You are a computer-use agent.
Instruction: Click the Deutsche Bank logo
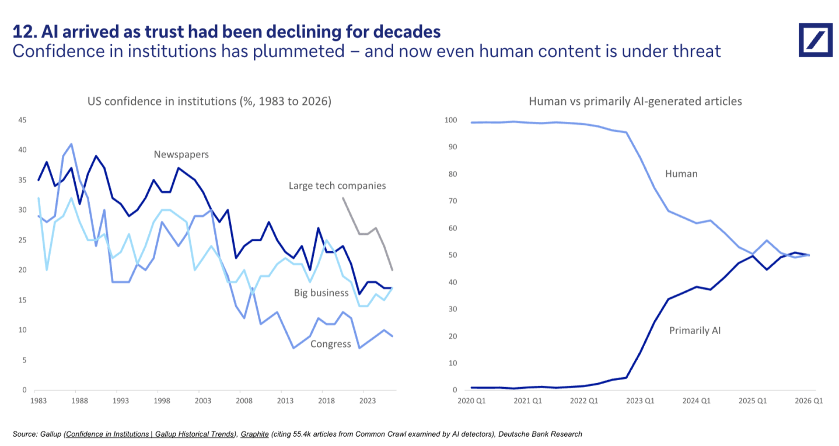[x=815, y=40]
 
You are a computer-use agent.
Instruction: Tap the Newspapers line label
[x=181, y=154]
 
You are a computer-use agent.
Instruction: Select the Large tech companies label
[x=337, y=185]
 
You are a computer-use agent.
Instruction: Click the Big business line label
[x=321, y=293]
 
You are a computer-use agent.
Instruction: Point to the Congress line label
[x=330, y=344]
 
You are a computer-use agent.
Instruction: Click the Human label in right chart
[x=681, y=174]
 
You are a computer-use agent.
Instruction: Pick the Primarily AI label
[x=695, y=331]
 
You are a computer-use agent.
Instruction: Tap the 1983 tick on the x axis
[x=38, y=401]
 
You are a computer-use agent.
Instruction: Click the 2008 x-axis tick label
[x=244, y=401]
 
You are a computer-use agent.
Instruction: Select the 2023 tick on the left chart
[x=368, y=401]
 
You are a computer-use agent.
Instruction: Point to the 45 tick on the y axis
[x=23, y=120]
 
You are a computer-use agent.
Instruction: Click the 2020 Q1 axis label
[x=471, y=401]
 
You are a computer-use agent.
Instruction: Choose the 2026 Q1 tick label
[x=809, y=401]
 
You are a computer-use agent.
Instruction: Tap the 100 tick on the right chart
[x=450, y=120]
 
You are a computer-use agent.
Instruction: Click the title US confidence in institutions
[x=209, y=101]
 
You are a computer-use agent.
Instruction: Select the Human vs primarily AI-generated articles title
[x=635, y=101]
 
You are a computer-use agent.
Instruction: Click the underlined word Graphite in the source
[x=255, y=434]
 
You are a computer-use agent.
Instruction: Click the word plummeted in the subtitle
[x=299, y=51]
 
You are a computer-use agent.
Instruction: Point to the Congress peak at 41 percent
[x=71, y=144]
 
